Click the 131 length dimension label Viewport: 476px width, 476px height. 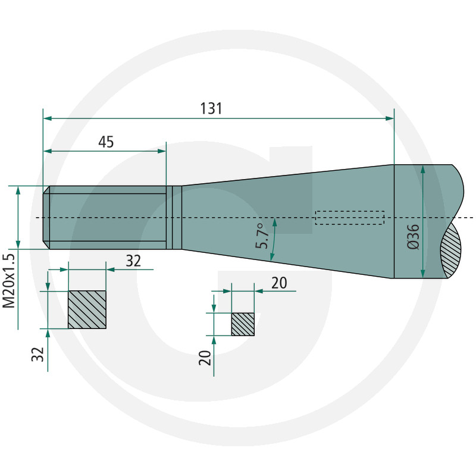(x=211, y=108)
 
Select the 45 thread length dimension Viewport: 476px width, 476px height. (x=106, y=142)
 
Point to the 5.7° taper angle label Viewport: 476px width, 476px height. (x=262, y=236)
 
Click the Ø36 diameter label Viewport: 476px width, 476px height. (x=413, y=237)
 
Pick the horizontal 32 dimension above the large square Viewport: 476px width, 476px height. (x=133, y=261)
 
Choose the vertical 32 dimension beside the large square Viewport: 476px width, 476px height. (x=38, y=354)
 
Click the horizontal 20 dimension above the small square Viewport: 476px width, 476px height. (x=279, y=283)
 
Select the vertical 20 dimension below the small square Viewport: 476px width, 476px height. (x=205, y=358)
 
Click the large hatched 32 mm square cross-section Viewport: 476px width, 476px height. (x=87, y=309)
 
